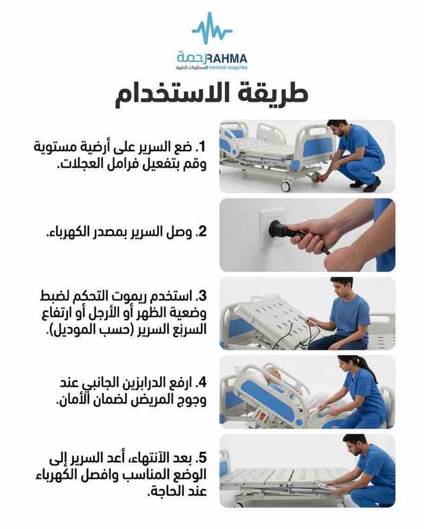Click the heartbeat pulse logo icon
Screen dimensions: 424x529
pos(212,28)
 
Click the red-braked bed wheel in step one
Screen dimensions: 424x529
pos(316,177)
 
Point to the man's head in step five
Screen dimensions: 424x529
pos(353,444)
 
